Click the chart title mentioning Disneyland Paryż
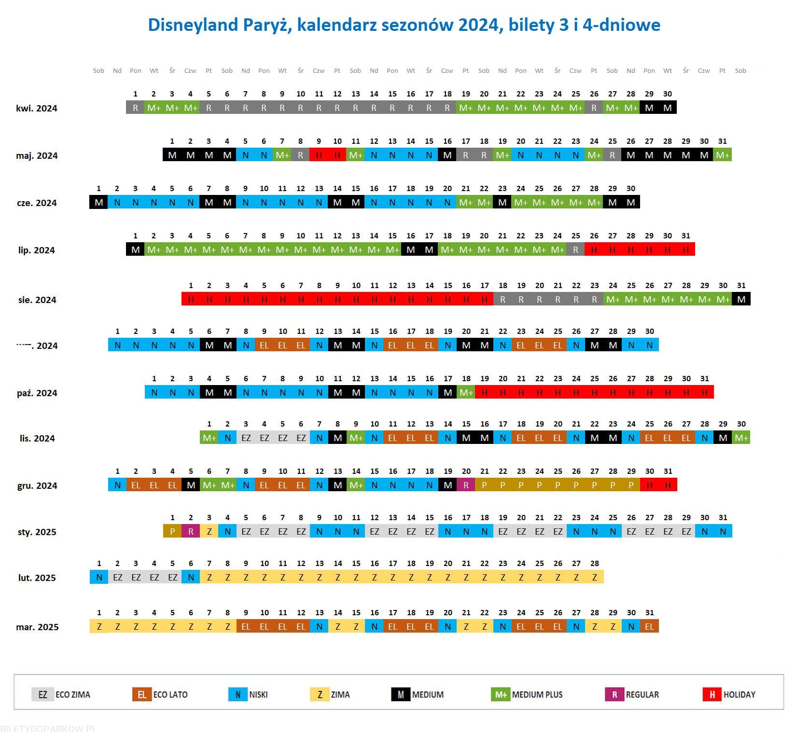coord(404,25)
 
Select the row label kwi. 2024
coord(37,109)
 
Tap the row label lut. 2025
coord(37,578)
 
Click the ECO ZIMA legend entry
coord(61,695)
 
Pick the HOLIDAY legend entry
coord(729,695)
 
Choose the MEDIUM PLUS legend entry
coord(527,695)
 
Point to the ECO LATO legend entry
coord(160,695)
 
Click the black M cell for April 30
coord(668,108)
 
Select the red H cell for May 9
coord(319,155)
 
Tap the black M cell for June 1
coord(98,203)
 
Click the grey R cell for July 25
coord(575,250)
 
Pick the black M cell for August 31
coord(741,300)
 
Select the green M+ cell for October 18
coord(466,393)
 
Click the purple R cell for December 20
coord(466,485)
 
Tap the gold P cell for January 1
coord(172,532)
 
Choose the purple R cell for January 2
coord(191,532)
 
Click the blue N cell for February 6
coord(191,578)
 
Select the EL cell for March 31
coord(650,627)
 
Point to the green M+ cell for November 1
coord(209,438)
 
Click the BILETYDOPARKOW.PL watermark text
coord(48,728)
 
